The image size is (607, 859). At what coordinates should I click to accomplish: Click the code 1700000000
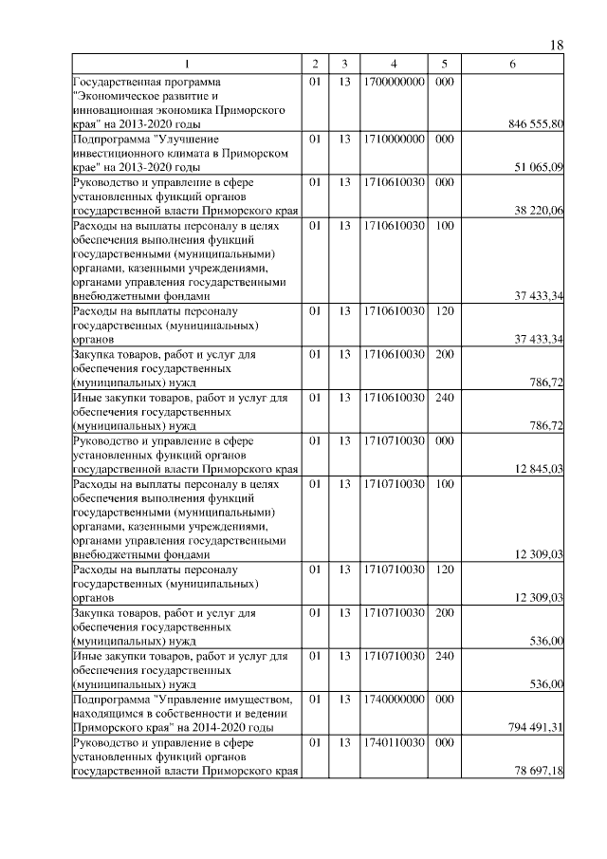pos(393,82)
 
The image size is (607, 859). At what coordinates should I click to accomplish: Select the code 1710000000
pos(393,140)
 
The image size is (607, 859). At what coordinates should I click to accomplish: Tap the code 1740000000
pos(393,699)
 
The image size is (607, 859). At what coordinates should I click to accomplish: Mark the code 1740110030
pos(393,742)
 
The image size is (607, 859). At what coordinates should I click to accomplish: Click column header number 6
pos(512,64)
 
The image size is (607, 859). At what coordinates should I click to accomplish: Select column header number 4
pos(393,64)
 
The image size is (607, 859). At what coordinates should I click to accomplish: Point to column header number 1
pos(187,64)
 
